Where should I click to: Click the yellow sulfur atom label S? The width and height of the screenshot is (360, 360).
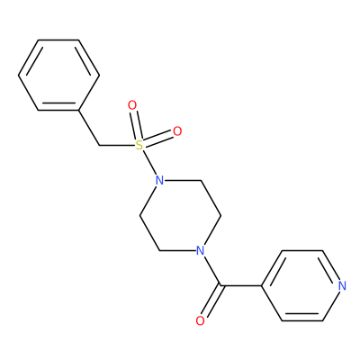click(139, 146)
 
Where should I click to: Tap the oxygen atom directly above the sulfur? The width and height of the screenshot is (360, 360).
click(132, 105)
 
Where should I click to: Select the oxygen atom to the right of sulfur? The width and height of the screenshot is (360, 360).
click(177, 131)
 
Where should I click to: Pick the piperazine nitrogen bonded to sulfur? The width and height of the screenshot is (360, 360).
click(159, 181)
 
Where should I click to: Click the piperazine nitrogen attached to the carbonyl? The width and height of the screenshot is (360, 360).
click(200, 250)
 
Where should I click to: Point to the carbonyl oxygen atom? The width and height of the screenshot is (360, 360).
click(200, 320)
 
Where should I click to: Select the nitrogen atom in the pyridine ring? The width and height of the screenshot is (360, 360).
click(342, 285)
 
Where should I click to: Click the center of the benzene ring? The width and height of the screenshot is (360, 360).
click(58, 75)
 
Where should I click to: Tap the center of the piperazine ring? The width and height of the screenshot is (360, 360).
click(180, 215)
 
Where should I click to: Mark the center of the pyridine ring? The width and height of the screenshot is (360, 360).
click(302, 285)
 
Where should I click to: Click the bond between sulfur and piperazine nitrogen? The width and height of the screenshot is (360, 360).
click(149, 163)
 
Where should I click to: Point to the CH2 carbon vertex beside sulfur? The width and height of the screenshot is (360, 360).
click(99, 146)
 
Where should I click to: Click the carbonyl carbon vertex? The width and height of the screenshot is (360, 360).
click(221, 285)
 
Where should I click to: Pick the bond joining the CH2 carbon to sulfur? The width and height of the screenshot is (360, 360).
click(117, 146)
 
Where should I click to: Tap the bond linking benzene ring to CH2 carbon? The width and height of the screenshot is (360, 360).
click(89, 128)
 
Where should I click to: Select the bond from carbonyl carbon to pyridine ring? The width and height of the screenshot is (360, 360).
click(241, 285)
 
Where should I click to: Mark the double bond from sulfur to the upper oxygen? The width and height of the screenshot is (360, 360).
click(136, 125)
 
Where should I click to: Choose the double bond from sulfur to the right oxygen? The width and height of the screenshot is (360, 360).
click(157, 139)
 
